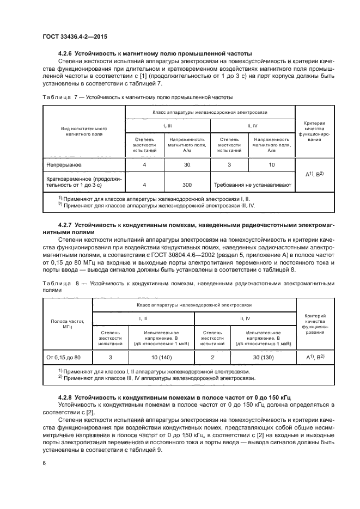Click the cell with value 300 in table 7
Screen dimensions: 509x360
click(187, 185)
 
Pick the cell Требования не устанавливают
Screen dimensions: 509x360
click(252, 185)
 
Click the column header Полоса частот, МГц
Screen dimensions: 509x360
click(68, 324)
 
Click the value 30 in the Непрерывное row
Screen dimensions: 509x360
click(187, 163)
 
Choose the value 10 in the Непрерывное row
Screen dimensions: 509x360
click(271, 163)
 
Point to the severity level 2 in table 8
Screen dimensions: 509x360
click(212, 357)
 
